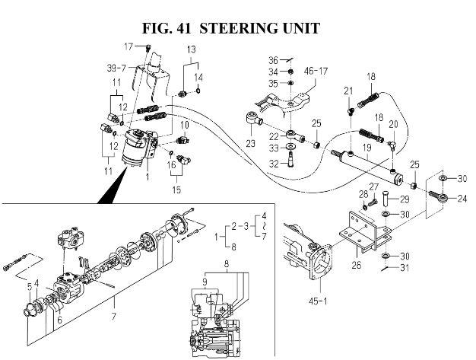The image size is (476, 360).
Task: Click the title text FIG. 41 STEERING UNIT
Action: (x=230, y=28)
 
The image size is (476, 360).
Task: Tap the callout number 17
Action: (x=129, y=47)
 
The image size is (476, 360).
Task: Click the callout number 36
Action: (x=272, y=60)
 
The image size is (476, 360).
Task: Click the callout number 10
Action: (x=184, y=124)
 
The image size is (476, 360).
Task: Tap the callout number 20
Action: (x=393, y=124)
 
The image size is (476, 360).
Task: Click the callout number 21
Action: (x=348, y=91)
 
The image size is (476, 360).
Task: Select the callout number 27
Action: (x=373, y=186)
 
